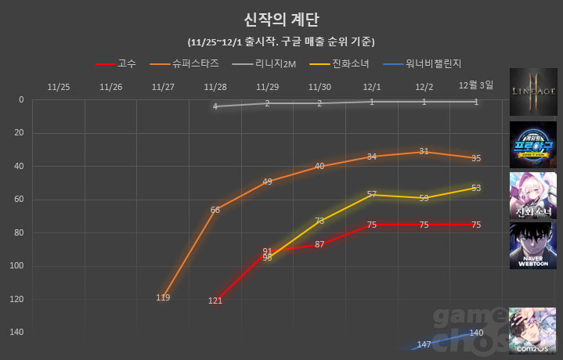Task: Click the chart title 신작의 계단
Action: (281, 19)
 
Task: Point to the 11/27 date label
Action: (163, 87)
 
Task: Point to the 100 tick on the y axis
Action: (18, 266)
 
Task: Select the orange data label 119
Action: (163, 297)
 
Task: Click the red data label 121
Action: (215, 301)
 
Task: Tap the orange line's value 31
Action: (424, 151)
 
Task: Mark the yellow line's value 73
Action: (319, 221)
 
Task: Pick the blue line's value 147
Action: (424, 344)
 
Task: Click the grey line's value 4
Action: (215, 106)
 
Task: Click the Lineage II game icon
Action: (532, 91)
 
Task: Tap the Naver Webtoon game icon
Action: (532, 246)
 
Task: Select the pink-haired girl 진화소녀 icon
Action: (532, 196)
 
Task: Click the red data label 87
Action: (319, 245)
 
